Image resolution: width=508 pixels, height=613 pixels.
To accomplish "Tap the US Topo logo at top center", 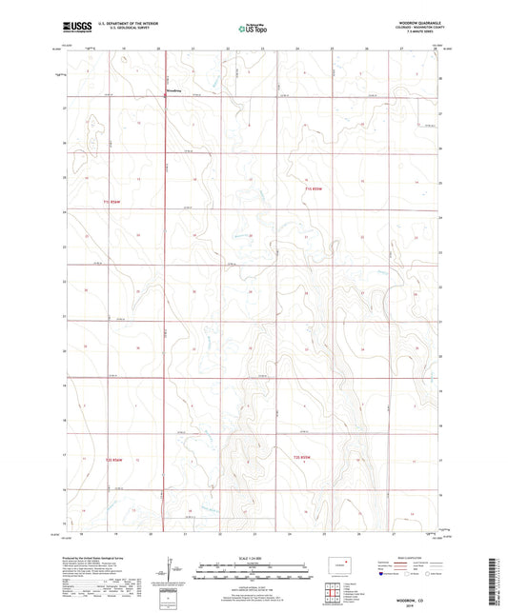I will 253,30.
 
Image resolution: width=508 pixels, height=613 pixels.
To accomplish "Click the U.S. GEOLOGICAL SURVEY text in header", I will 111,30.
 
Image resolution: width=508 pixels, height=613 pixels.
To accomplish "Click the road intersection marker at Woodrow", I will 164,96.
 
